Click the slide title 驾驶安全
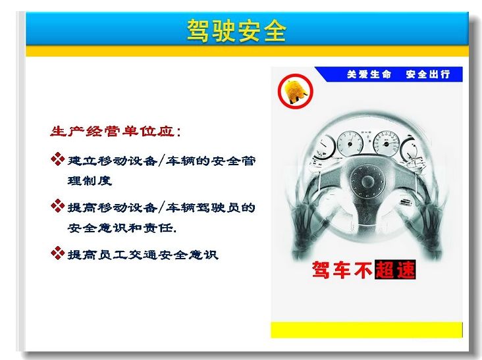236,30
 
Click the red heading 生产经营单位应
113,131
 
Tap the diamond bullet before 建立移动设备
57,159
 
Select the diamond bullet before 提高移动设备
57,206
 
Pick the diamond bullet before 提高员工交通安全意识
57,253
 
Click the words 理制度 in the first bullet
90,180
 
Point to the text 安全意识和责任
122,228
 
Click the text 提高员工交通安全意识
143,255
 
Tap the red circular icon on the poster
296,91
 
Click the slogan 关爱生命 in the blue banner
369,74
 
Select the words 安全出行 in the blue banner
428,74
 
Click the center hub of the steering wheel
367,180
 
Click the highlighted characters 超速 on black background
395,270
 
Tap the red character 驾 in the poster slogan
322,270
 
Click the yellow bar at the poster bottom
366,330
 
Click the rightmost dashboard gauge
410,149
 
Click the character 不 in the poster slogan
363,270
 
